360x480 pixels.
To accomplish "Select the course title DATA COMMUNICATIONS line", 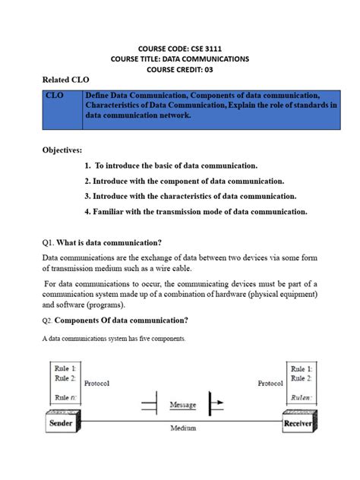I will [180, 58].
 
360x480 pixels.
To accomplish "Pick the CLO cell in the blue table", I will [55, 96].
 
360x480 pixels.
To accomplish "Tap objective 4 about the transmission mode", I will [196, 212].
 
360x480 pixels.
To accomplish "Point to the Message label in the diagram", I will [183, 404].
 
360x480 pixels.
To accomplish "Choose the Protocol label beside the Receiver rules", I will [270, 384].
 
